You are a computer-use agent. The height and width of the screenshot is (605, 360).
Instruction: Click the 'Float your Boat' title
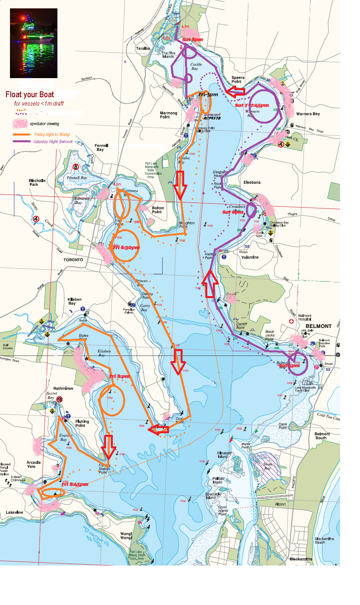(30, 94)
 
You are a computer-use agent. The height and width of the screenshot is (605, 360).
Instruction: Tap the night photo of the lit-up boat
(33, 43)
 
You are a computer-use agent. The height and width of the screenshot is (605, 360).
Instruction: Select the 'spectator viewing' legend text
(44, 124)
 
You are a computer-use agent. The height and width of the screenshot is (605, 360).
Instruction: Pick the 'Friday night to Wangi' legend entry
(52, 135)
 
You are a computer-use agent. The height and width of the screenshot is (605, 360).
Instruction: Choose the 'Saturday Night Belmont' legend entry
(53, 141)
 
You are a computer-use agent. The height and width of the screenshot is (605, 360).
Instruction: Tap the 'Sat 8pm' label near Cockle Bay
(193, 39)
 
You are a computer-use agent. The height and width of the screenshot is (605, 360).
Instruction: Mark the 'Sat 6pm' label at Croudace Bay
(232, 212)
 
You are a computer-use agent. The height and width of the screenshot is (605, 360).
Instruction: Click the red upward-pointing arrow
(210, 283)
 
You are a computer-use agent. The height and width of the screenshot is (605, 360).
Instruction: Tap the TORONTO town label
(73, 260)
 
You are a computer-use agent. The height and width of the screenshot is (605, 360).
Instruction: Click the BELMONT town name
(319, 326)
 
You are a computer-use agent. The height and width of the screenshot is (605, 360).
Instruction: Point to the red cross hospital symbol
(291, 321)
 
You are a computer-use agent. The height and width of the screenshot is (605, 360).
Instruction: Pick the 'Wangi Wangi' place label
(126, 536)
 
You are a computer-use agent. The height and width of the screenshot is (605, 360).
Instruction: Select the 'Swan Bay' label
(268, 466)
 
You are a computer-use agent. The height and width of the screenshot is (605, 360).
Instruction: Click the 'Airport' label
(281, 504)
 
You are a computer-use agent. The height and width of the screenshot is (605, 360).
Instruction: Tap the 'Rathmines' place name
(63, 388)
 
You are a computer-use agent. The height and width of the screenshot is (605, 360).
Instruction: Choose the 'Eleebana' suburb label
(252, 183)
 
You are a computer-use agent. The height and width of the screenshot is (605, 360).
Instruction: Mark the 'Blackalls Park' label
(37, 183)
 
